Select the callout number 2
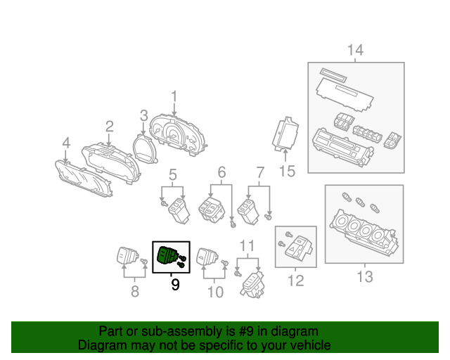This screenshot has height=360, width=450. (109, 127)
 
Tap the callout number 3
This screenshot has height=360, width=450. (143, 116)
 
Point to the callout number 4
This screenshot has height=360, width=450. (65, 144)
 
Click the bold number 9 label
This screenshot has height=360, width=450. (175, 285)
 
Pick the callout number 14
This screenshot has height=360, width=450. (355, 50)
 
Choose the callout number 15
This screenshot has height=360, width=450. (286, 169)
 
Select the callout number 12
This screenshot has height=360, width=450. (295, 281)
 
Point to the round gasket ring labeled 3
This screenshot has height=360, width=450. (143, 148)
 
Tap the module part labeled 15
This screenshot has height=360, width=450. (285, 134)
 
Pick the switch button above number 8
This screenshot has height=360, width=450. (127, 256)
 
